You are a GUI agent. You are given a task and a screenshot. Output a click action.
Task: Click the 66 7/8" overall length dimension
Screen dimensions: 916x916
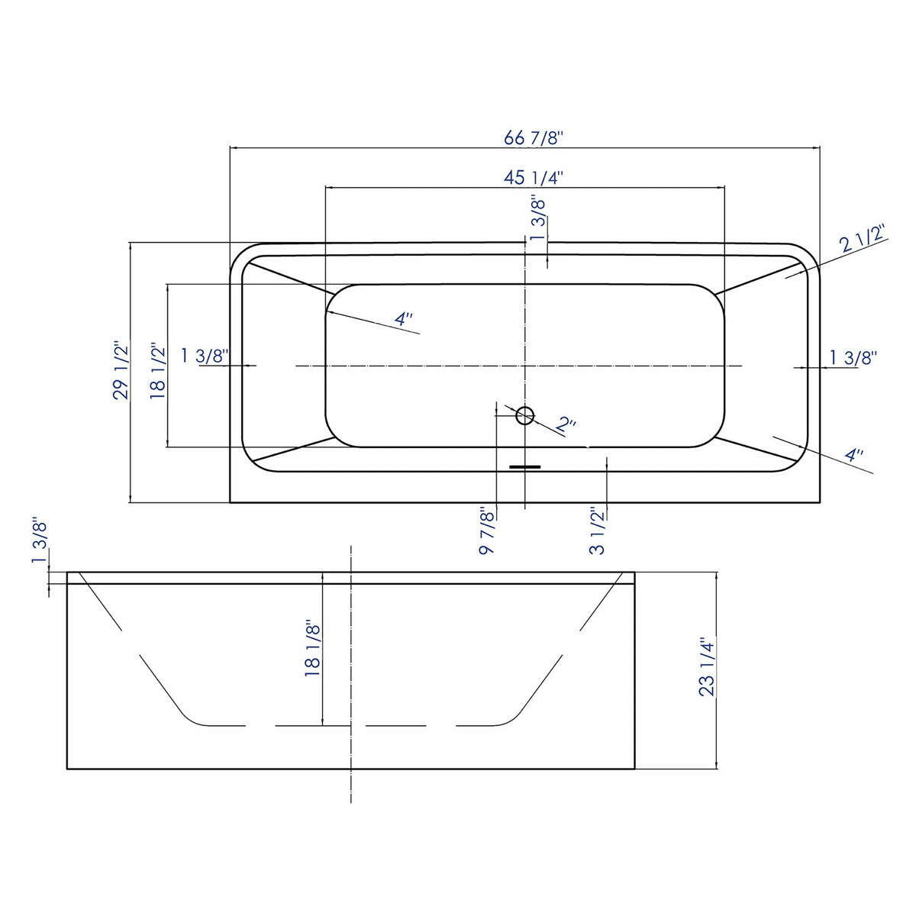533,138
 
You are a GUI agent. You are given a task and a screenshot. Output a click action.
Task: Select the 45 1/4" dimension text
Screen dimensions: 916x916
533,178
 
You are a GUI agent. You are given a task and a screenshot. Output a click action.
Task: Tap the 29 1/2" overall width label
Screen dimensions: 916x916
121,370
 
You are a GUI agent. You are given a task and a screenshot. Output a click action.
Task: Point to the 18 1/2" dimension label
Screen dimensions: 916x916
158,370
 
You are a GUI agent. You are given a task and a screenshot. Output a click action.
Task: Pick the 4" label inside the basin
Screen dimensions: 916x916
404,320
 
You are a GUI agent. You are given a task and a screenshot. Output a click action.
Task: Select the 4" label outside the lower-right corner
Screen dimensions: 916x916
854,456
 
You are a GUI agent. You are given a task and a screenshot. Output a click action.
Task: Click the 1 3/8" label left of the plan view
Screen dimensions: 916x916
205,356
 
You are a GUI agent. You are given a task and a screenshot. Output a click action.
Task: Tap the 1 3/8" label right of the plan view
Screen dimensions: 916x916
853,356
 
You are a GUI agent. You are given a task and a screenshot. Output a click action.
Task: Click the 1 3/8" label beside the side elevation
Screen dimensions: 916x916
40,540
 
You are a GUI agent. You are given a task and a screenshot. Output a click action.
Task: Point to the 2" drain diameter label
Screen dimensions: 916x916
565,424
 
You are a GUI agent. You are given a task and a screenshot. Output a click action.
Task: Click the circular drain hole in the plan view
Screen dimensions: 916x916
524,415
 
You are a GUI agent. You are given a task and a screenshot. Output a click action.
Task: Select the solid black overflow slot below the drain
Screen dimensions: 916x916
524,466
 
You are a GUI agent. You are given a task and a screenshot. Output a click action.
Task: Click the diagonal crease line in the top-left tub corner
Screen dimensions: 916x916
290,277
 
